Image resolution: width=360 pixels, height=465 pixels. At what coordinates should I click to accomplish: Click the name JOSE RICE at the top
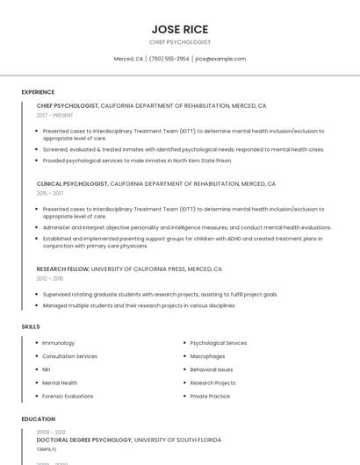point(180,29)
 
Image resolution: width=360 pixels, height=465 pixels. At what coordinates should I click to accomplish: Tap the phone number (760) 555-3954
point(169,59)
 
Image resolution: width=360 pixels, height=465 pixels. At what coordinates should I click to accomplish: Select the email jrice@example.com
point(220,59)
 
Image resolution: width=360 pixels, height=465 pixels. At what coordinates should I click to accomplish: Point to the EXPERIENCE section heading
point(38,92)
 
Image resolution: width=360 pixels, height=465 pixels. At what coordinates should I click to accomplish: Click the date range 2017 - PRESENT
point(55,115)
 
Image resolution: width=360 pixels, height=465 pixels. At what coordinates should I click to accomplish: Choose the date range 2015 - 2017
point(50,193)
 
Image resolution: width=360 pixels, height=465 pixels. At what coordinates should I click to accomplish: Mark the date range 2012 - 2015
point(50,278)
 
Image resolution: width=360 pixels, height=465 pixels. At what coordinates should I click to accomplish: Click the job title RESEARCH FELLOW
point(62,269)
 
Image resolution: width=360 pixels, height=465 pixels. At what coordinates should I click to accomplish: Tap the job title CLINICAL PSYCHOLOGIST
point(72,184)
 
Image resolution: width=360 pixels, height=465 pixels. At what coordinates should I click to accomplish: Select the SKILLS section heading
point(31,326)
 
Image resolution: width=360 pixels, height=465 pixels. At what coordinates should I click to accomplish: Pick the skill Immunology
point(58,343)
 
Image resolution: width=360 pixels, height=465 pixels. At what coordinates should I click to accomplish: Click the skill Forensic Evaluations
point(68,396)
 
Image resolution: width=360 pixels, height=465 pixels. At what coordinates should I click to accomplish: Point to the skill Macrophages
point(207,356)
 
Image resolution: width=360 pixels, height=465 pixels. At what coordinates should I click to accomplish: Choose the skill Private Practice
point(210,396)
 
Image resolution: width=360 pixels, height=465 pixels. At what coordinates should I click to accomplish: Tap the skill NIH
point(47,369)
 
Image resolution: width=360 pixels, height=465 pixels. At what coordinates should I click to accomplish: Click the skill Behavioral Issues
point(212,369)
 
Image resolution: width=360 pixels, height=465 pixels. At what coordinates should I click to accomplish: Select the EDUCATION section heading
point(39,419)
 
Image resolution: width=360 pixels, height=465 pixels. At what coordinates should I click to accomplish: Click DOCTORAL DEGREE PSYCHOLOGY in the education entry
point(84,440)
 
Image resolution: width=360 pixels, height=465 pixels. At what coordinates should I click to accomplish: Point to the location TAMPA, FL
point(47,448)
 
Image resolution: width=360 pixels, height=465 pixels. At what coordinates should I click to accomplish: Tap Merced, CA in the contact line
point(128,59)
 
